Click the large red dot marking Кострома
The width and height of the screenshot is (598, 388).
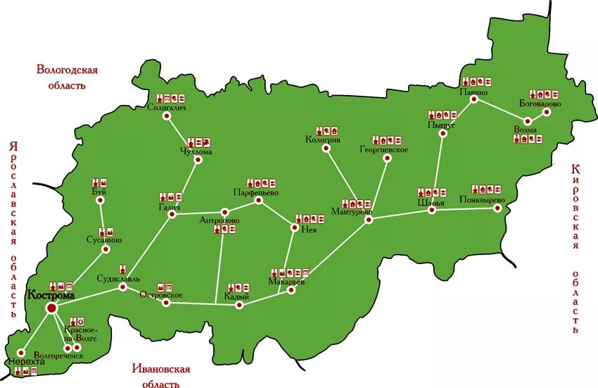coord(51,308)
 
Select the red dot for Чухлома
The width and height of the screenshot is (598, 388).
coord(198,160)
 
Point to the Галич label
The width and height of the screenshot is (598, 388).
coord(169,207)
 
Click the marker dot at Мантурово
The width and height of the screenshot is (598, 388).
coord(369,220)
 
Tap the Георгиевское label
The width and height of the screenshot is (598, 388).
coord(384,149)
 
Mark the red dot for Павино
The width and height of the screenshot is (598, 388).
coord(474,100)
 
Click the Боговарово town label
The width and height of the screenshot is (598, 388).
coord(540,104)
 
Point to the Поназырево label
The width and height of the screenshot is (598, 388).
coord(482,199)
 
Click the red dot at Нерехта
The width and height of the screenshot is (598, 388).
coord(21,352)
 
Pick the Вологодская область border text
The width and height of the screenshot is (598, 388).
coord(67,77)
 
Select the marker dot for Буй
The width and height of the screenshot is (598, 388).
coord(99,201)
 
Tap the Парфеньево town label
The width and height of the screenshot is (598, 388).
coord(256,192)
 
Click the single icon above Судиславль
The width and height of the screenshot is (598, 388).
coord(123,269)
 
